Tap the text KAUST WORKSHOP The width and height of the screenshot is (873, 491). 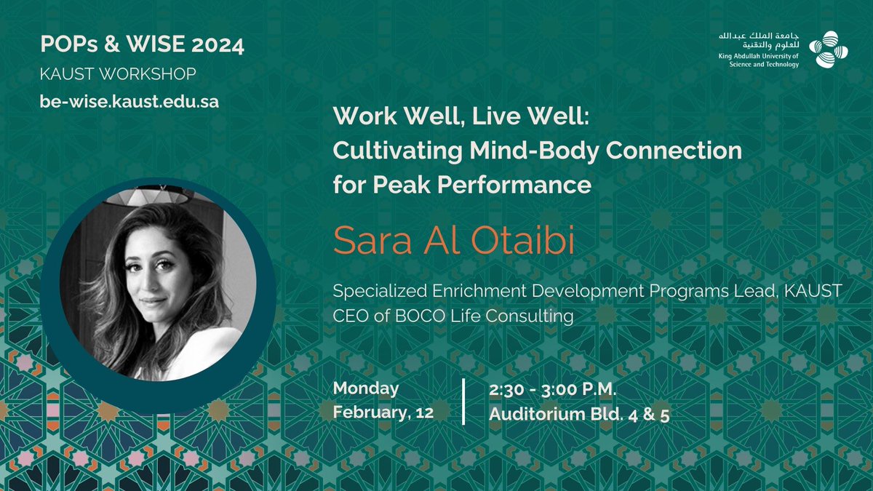118,74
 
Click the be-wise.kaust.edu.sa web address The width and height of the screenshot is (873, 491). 129,102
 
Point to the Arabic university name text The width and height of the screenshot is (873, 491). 757,42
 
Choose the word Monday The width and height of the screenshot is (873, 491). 366,388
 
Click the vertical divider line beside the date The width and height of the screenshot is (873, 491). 463,401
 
